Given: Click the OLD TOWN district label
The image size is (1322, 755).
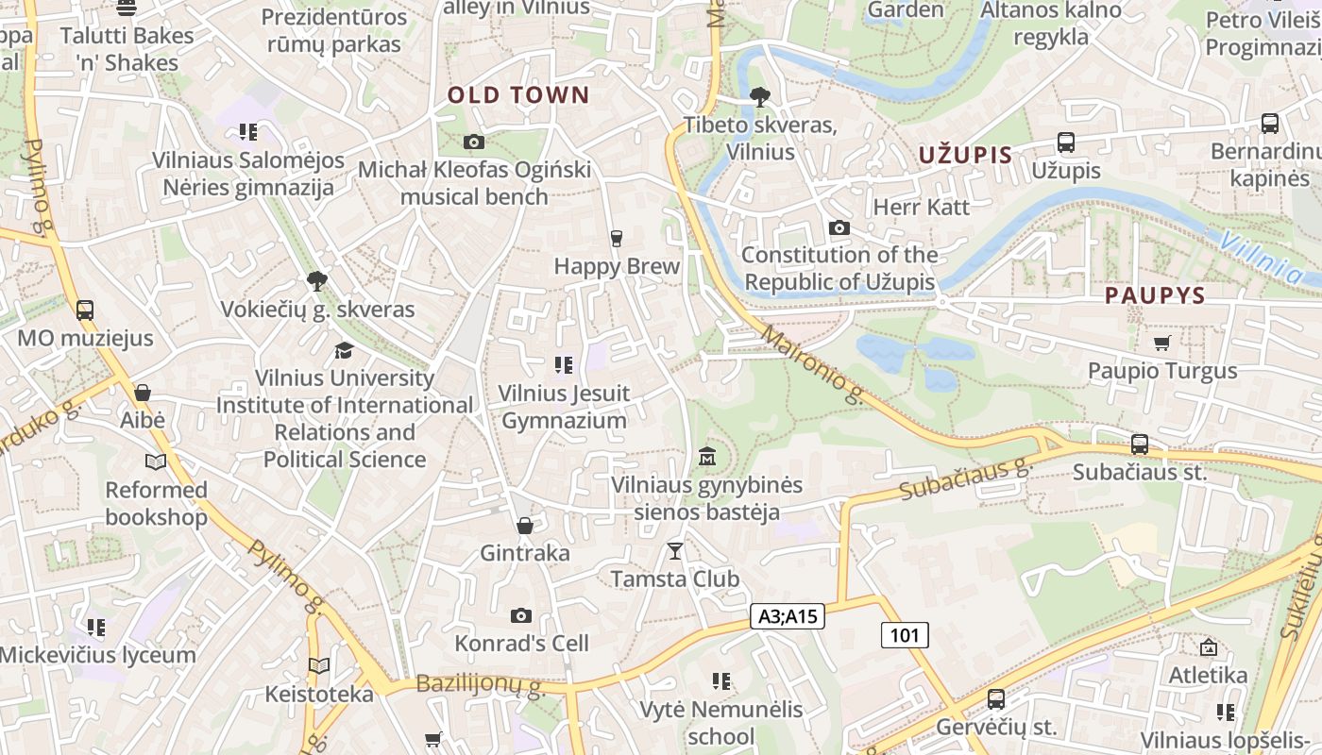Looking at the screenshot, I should coord(517,95).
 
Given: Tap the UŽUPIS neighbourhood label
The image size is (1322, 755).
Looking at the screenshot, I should coord(965,156).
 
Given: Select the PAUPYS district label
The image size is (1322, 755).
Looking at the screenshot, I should coord(1155,295).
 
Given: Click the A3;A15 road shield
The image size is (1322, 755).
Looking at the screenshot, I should coord(787,617).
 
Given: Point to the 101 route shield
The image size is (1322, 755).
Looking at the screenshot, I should coord(904,635).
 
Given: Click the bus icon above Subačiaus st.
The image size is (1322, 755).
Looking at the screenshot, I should coord(1140,444).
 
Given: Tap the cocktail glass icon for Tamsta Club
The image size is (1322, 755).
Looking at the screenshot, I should coord(674,550).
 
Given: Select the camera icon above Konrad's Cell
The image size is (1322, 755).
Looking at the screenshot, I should coord(520,615).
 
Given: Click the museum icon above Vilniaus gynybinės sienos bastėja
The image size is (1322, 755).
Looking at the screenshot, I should coord(706,457).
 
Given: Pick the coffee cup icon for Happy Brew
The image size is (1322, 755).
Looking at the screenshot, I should coord(617,238).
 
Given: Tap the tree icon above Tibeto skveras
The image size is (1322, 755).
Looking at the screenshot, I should coord(759,96).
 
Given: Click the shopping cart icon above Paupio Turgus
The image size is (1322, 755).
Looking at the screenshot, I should coord(1161,343).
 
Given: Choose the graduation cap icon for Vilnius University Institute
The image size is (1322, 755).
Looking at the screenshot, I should coord(344,350).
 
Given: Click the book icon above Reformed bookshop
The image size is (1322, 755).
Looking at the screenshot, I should coord(156,461).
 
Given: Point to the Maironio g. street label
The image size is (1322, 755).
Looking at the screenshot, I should coord(812,365).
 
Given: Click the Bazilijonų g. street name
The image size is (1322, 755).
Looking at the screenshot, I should coord(481,686).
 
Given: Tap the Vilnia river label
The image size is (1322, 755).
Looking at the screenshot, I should coord(1262,257).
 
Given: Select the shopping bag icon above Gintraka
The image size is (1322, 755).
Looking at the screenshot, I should coord(525,525).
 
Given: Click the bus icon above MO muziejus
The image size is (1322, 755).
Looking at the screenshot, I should coord(85,310).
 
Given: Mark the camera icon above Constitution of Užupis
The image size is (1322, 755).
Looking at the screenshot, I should coord(839,227).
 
